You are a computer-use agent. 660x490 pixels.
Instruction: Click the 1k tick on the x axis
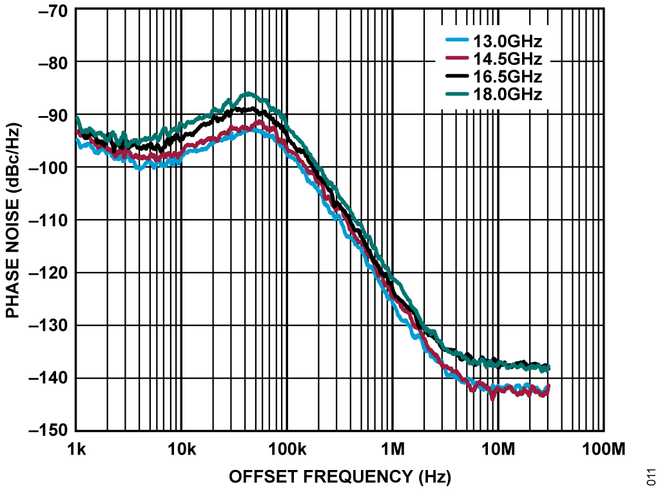coord(76,447)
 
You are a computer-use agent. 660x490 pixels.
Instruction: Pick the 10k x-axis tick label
coord(181,447)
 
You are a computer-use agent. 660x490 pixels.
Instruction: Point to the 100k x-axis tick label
coord(286,447)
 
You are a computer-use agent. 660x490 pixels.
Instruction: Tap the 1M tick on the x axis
coord(392,447)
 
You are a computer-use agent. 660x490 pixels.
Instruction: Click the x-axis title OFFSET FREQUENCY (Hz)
coord(340,476)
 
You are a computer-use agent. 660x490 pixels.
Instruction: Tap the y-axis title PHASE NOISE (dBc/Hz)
coord(12,220)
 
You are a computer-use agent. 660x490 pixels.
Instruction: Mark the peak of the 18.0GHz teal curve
coord(247,93)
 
